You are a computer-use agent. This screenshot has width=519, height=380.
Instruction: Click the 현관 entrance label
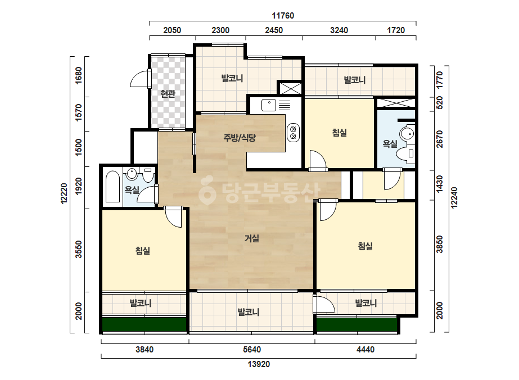(168, 94)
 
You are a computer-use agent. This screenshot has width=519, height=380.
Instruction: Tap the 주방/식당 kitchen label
(240, 138)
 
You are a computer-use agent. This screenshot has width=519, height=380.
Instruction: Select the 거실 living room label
(251, 238)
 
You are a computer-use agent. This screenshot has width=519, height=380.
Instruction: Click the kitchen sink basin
(269, 105)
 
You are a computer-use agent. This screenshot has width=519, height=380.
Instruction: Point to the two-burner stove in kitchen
(293, 133)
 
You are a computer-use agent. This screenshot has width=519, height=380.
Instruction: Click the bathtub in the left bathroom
(112, 187)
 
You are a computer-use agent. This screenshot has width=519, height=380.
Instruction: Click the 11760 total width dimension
(283, 16)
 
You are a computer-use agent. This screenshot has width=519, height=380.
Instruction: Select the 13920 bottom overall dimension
(259, 364)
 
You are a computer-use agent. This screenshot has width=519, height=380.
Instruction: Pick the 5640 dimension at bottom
(252, 350)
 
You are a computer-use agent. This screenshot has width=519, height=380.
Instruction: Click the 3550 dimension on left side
(79, 249)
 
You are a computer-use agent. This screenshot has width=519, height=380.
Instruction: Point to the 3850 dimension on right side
(439, 245)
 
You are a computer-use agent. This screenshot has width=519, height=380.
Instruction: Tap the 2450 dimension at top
(274, 30)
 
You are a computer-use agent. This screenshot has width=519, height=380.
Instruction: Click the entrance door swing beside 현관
(141, 79)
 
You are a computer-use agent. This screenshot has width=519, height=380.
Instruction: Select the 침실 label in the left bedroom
(143, 251)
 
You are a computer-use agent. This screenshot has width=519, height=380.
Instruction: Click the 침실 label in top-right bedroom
(339, 133)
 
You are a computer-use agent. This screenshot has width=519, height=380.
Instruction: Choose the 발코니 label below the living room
(248, 312)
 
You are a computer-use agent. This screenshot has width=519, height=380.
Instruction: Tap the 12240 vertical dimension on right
(454, 198)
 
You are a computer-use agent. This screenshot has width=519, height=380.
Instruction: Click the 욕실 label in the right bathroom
(390, 144)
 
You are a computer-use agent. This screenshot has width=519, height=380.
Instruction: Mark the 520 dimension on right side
(439, 103)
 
